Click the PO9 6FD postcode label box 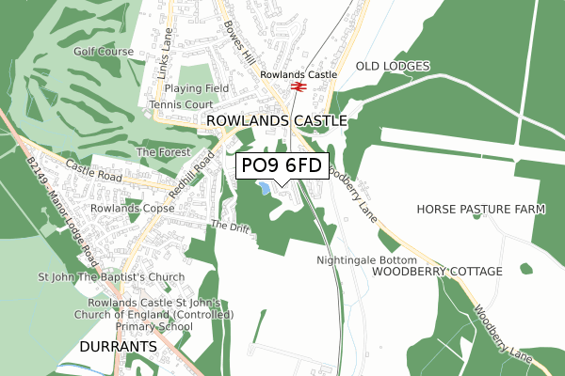282,166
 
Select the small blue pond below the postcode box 266,189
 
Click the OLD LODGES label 393,66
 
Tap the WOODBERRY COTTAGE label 437,271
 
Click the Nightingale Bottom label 366,258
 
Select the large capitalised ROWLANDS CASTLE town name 276,121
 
